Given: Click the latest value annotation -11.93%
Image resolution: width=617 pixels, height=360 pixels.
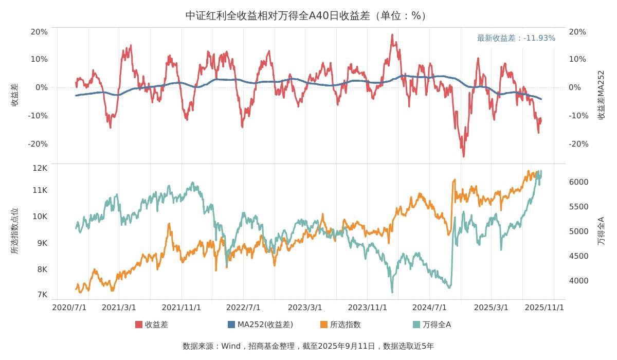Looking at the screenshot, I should tap(516, 38).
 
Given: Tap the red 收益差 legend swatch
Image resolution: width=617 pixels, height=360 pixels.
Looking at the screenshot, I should tap(139, 325).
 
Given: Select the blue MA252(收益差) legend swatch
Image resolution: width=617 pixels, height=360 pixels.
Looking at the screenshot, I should tap(231, 325).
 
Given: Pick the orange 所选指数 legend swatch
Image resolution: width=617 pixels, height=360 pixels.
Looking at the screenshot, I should tap(324, 325).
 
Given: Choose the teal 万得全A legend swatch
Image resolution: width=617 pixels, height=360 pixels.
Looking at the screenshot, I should tap(416, 325).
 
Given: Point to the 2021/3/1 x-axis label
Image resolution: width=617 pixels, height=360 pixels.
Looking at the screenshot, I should tap(119, 308).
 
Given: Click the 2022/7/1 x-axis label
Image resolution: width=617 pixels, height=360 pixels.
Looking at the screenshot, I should tap(243, 308).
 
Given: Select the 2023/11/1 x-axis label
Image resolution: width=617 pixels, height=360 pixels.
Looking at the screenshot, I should tap(368, 308).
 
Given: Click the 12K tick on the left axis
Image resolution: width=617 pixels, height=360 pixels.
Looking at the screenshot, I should tap(40, 168).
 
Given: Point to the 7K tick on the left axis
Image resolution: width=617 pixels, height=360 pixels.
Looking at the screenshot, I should tap(42, 295).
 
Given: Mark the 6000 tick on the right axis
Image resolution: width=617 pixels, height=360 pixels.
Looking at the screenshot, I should tap(578, 182).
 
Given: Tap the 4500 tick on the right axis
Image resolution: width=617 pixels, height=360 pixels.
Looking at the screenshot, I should tap(578, 256).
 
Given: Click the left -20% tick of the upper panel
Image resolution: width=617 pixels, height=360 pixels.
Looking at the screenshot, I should tap(38, 144).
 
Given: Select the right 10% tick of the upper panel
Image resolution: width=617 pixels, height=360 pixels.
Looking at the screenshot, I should tap(577, 59).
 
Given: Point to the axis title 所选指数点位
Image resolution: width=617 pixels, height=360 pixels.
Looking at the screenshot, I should tap(14, 231).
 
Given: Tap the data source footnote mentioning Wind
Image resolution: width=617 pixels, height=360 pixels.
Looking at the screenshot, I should tap(308, 346).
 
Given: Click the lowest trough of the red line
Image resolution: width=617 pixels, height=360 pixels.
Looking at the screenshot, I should tap(463, 156).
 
